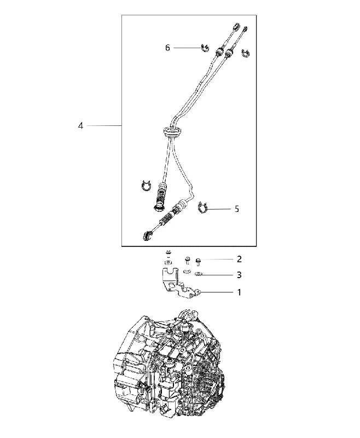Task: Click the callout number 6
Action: pyautogui.click(x=167, y=48)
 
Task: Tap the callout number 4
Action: pyautogui.click(x=80, y=126)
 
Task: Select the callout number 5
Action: pyautogui.click(x=237, y=209)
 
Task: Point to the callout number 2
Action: pyautogui.click(x=239, y=259)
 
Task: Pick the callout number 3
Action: pyautogui.click(x=239, y=275)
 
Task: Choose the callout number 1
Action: pyautogui.click(x=239, y=292)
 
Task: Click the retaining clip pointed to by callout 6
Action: pyautogui.click(x=205, y=48)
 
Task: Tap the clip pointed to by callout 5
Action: pyautogui.click(x=202, y=208)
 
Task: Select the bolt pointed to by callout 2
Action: pyautogui.click(x=198, y=262)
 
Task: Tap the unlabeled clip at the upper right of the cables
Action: pyautogui.click(x=246, y=53)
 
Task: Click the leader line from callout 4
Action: pyautogui.click(x=104, y=126)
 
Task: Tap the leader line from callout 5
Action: pyautogui.click(x=218, y=209)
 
